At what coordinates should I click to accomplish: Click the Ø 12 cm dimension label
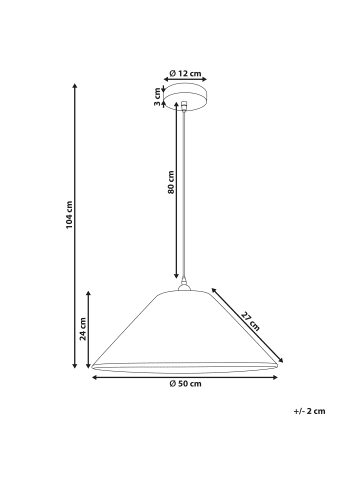(x=185, y=73)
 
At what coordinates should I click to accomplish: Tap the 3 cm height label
(x=157, y=97)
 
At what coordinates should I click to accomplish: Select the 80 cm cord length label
(x=171, y=182)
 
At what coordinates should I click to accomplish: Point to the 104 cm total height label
(x=69, y=215)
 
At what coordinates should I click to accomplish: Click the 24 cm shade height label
(x=83, y=329)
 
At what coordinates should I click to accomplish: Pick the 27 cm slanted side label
(x=250, y=321)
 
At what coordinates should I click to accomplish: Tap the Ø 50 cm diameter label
(x=185, y=384)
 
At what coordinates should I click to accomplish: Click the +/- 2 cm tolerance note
(x=309, y=411)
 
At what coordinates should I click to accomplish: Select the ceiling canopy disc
(x=185, y=97)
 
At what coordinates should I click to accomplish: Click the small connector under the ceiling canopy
(x=184, y=106)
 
